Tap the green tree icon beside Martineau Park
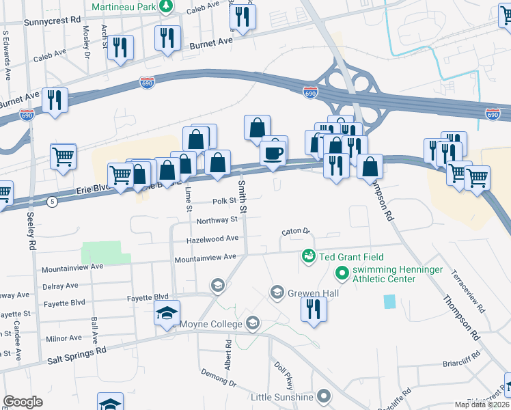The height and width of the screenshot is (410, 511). click(165, 6)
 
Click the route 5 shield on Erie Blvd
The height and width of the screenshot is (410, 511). click(53, 202)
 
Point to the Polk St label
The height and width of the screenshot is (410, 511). click(223, 202)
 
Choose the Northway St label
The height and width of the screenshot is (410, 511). click(217, 220)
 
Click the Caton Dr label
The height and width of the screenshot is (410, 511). click(295, 232)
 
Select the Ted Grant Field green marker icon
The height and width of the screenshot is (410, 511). click(308, 257)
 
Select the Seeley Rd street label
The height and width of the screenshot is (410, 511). click(31, 233)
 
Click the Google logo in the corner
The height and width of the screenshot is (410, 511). click(23, 402)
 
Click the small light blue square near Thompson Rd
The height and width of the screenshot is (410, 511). click(389, 301)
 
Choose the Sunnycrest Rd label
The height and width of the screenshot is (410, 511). click(52, 22)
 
